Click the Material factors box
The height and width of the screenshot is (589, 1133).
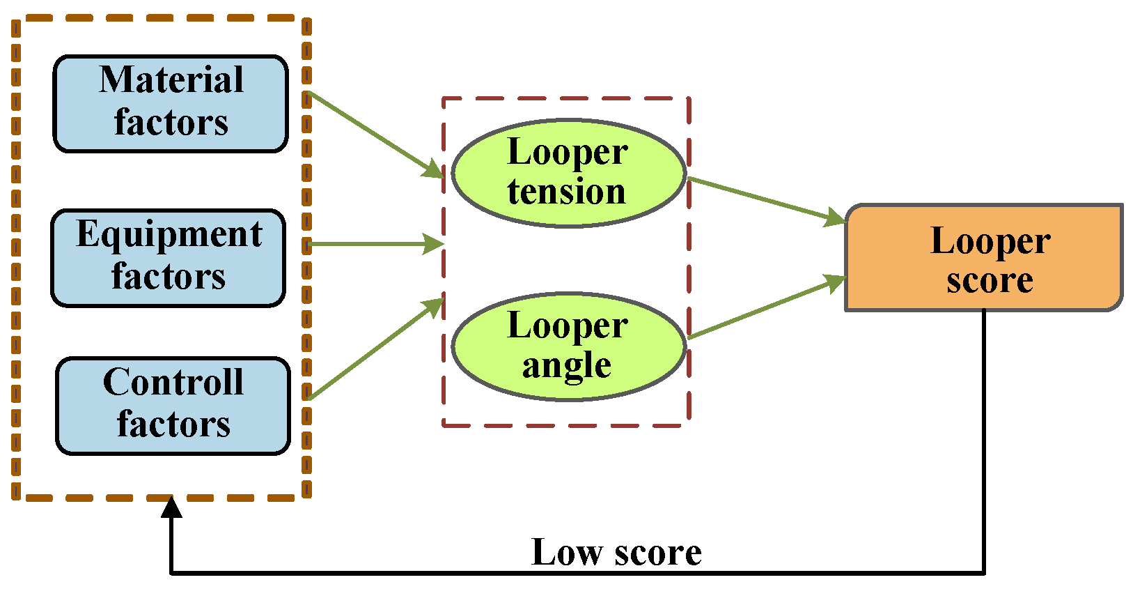pos(171,103)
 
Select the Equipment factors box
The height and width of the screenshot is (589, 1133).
pos(169,257)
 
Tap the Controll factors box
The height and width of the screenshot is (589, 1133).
pos(173,406)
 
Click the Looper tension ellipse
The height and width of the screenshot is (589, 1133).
pos(568,173)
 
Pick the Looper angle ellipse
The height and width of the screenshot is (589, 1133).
pos(568,346)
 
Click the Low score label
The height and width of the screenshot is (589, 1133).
pos(616,552)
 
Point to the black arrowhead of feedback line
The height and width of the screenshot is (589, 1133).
pos(171,507)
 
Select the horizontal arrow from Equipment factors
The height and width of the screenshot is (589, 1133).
pos(376,244)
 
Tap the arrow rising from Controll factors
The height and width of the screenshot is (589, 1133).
pos(376,349)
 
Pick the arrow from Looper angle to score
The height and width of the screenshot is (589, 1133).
pos(766,308)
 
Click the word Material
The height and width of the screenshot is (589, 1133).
pos(171,79)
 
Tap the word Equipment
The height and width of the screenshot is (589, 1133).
pos(169,234)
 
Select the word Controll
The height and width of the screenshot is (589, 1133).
pos(173,382)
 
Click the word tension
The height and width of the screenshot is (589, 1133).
pos(566,192)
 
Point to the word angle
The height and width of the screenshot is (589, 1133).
pos(566,365)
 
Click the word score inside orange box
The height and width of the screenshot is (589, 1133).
pos(989,280)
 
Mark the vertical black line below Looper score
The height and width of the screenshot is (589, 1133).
pos(983,439)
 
